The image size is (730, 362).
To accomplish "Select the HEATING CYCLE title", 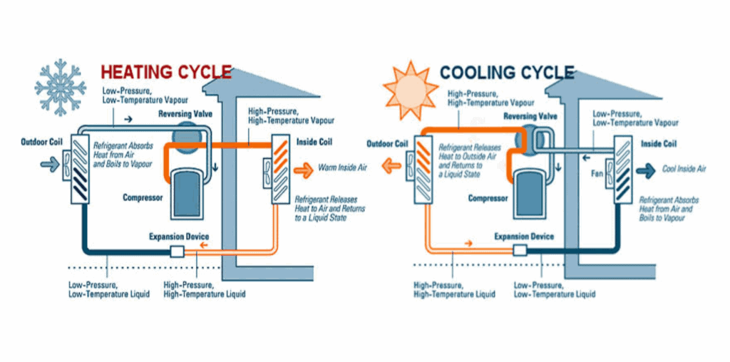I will click(x=166, y=72).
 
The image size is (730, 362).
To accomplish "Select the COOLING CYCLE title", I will click(x=507, y=72).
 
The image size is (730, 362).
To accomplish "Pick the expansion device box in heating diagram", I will click(x=177, y=251).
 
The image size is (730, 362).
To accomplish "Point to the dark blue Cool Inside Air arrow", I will click(x=647, y=170).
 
